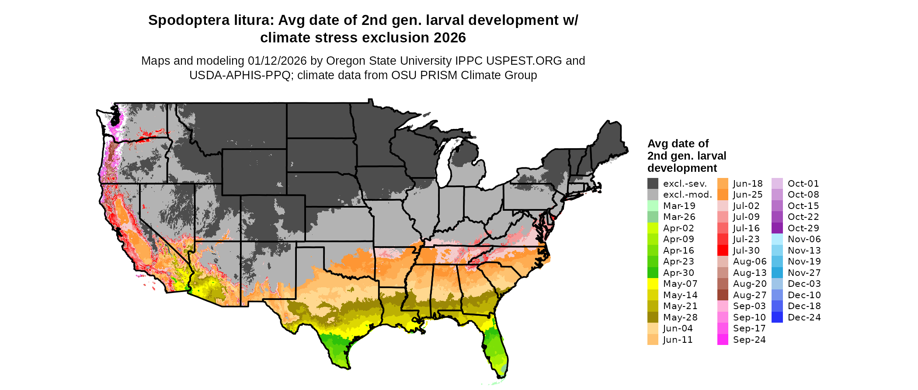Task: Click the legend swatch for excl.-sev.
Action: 653,184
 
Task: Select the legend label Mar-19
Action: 679,206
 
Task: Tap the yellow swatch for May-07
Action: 653,284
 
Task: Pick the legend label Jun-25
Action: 748,195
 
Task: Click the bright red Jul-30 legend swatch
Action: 723,251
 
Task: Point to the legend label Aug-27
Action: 750,295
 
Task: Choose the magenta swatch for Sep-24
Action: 723,340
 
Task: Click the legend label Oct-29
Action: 803,228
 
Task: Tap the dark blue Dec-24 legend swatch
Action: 777,317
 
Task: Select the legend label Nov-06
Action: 804,239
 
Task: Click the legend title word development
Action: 682,168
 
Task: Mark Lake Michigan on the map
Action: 445,164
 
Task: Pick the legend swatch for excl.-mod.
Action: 653,195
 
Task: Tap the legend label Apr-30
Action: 678,273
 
